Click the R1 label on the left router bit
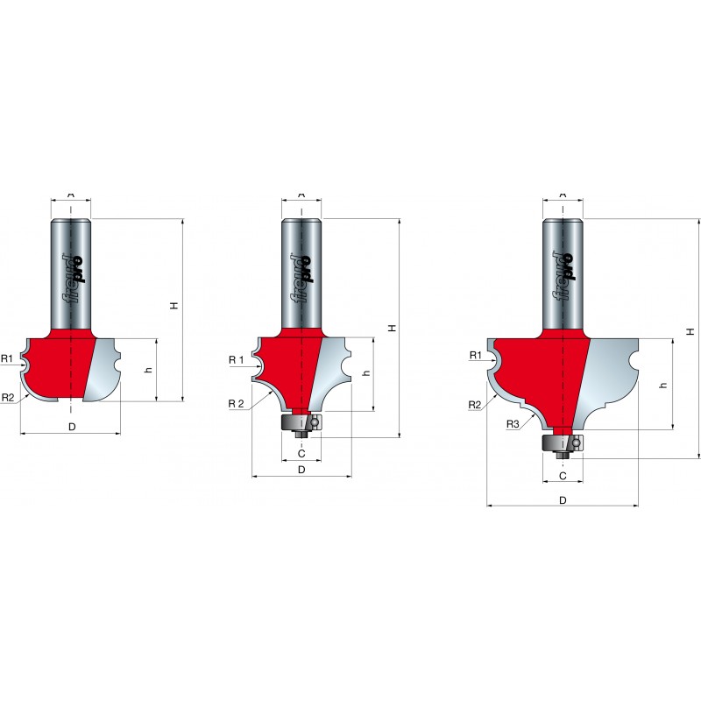[7, 358]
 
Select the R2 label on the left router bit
[8, 397]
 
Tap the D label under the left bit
[72, 427]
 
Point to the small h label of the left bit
[149, 370]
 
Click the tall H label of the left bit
[174, 305]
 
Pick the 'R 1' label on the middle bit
[237, 360]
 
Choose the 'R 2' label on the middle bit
[237, 404]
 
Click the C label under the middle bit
[301, 453]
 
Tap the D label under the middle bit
[301, 470]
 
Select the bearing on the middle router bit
[301, 423]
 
